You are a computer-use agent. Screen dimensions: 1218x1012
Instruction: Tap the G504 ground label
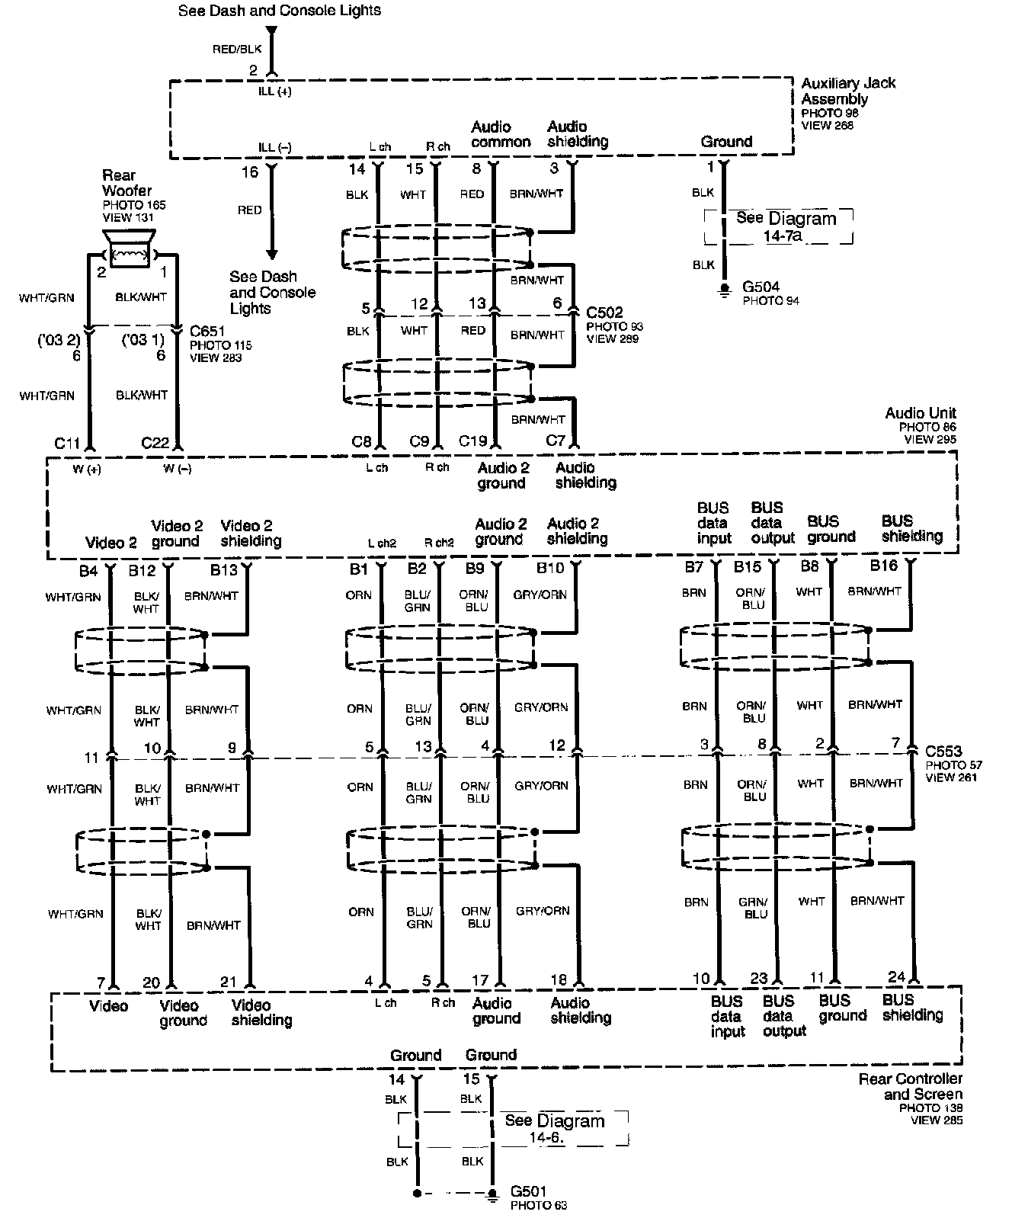[761, 287]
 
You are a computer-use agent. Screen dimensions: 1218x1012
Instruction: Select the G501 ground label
[528, 1191]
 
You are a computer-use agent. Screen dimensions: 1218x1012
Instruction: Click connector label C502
[604, 312]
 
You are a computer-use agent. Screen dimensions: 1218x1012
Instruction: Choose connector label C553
[943, 751]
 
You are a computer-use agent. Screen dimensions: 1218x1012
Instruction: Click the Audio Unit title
[920, 413]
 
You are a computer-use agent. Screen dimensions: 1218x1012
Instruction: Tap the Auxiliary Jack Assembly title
[847, 91]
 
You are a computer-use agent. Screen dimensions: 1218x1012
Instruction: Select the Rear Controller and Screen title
[910, 1086]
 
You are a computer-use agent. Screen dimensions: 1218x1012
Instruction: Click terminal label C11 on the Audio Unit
[67, 442]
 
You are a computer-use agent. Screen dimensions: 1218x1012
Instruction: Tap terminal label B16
[884, 565]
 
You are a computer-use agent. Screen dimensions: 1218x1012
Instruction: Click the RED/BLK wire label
[237, 49]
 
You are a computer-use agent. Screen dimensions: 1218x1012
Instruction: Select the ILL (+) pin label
[274, 91]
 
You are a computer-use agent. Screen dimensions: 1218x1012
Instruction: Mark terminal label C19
[472, 441]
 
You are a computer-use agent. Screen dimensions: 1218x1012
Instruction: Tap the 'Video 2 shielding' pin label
[251, 533]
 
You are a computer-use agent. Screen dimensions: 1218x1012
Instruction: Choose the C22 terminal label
[155, 442]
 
